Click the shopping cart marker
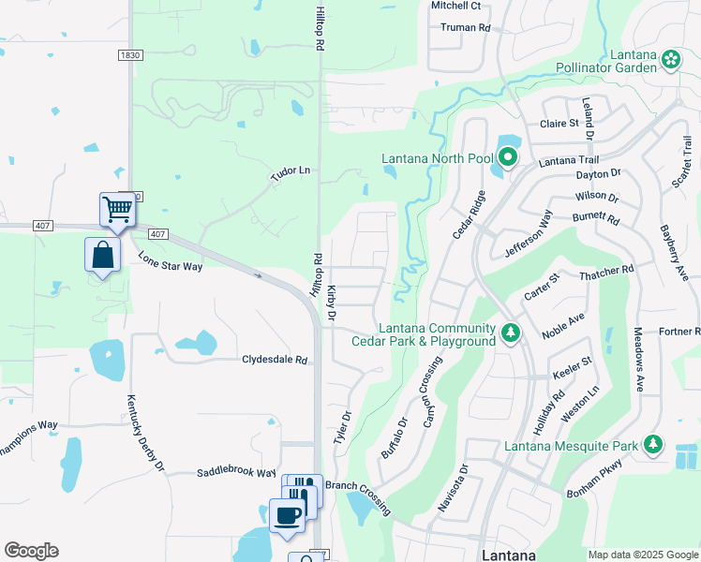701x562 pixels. [117, 209]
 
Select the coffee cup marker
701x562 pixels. [287, 514]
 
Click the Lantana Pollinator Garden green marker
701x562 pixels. [671, 61]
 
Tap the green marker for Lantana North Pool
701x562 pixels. [507, 157]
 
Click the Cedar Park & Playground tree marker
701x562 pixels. [510, 333]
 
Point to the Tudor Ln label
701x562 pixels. [291, 170]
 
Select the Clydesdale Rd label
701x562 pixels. [275, 360]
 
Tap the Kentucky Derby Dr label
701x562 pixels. [145, 432]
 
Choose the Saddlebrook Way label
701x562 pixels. [236, 474]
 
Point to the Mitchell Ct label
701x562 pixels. [455, 6]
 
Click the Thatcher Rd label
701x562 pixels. [607, 269]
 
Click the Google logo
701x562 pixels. [31, 551]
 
